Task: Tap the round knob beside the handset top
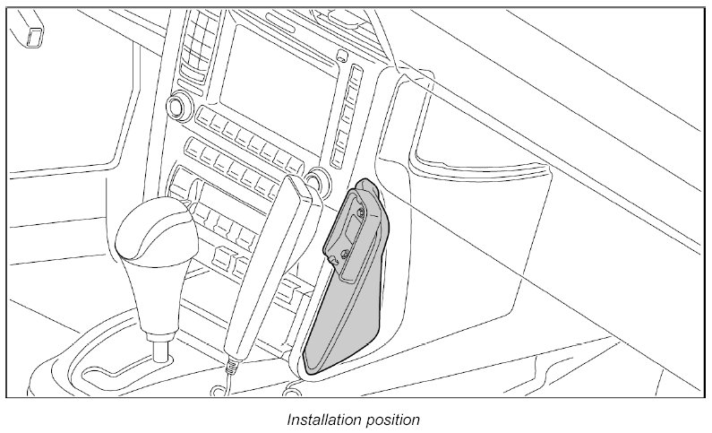click(313, 186)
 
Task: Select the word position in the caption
click(391, 419)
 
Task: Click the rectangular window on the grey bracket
click(347, 235)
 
